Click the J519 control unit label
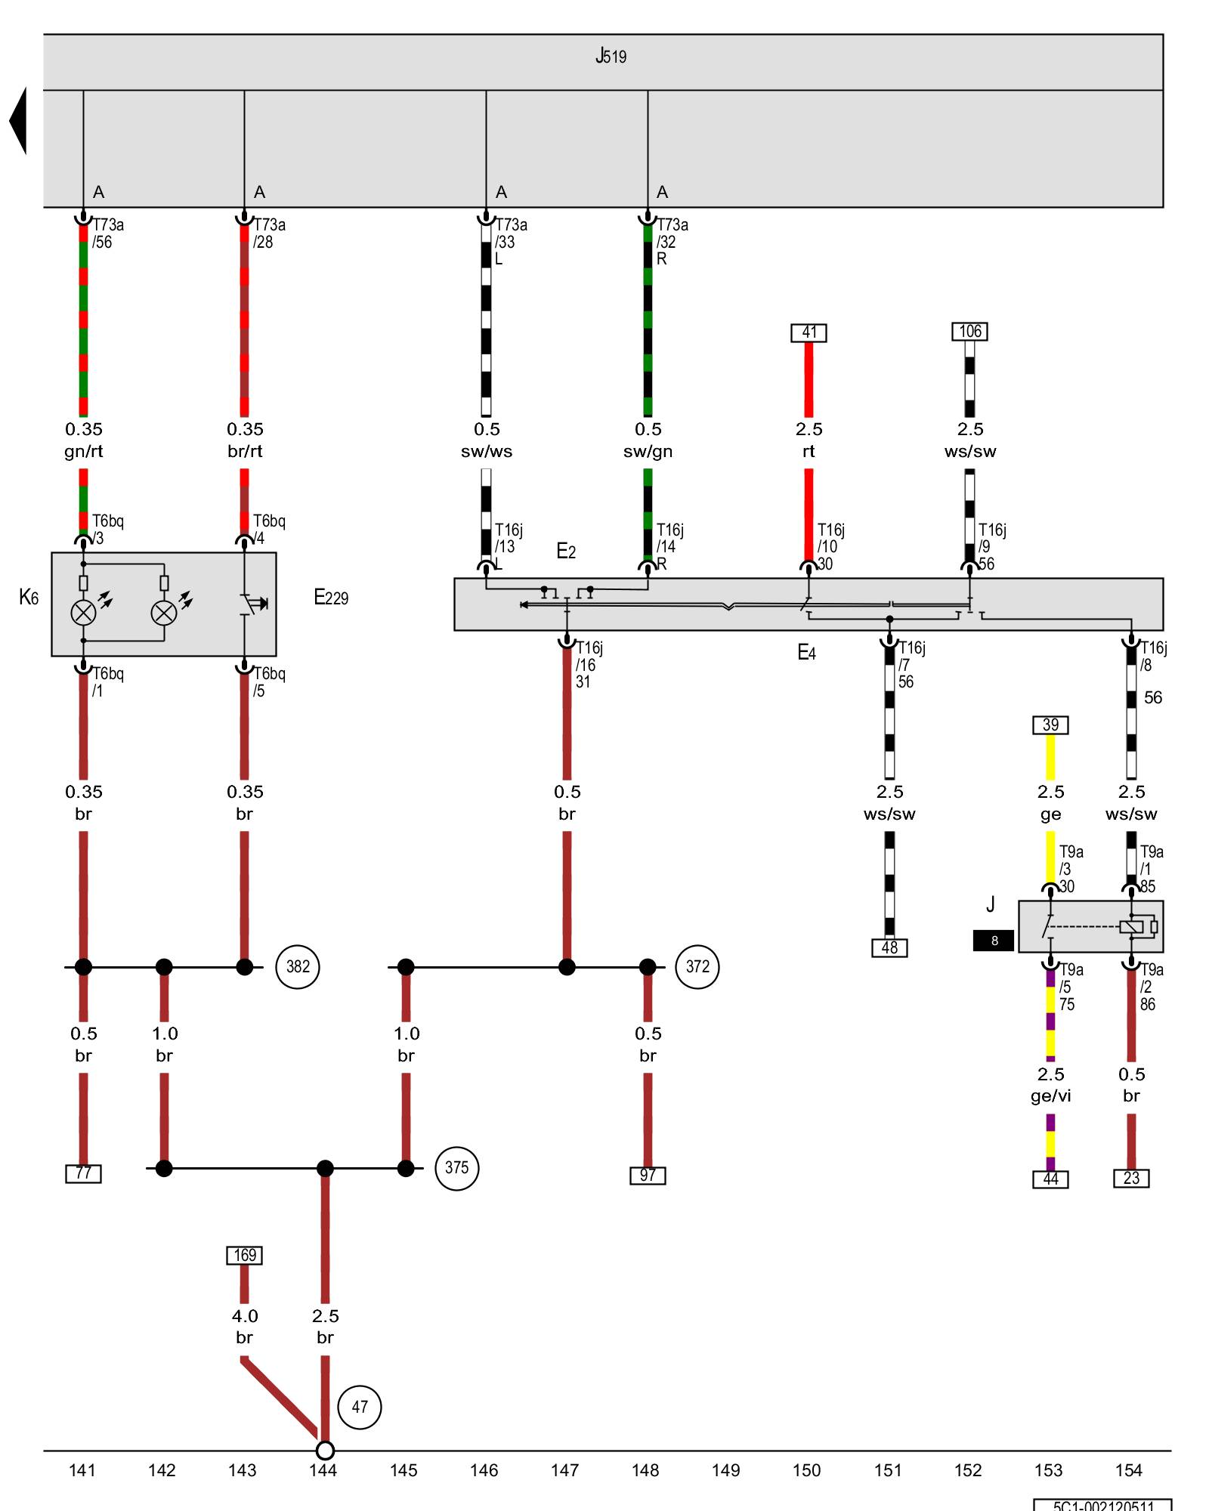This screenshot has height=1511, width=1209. click(x=611, y=56)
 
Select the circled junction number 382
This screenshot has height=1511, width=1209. click(x=298, y=966)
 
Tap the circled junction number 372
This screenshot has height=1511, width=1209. click(x=697, y=966)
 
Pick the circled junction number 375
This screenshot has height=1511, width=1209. click(x=456, y=1168)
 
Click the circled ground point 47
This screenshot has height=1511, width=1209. click(x=360, y=1407)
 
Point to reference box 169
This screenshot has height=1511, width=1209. click(x=245, y=1255)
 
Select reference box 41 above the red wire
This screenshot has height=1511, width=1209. click(x=809, y=332)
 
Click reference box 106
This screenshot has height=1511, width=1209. click(x=970, y=331)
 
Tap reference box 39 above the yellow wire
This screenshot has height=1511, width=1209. click(x=1050, y=725)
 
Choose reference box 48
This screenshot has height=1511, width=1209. click(x=889, y=947)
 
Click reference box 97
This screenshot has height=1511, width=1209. click(x=648, y=1176)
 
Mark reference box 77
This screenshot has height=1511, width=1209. click(x=83, y=1173)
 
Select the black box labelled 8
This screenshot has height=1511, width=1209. click(x=994, y=941)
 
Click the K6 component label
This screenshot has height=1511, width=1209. click(x=29, y=598)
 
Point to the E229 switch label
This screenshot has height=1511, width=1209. click(x=331, y=598)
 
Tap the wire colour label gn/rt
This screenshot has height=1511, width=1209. click(x=83, y=451)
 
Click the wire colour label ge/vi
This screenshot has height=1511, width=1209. click(x=1050, y=1095)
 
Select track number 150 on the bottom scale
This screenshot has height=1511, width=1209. click(x=806, y=1470)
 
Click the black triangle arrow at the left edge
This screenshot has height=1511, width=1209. click(x=18, y=121)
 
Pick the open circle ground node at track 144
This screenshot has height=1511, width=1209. click(x=325, y=1451)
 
